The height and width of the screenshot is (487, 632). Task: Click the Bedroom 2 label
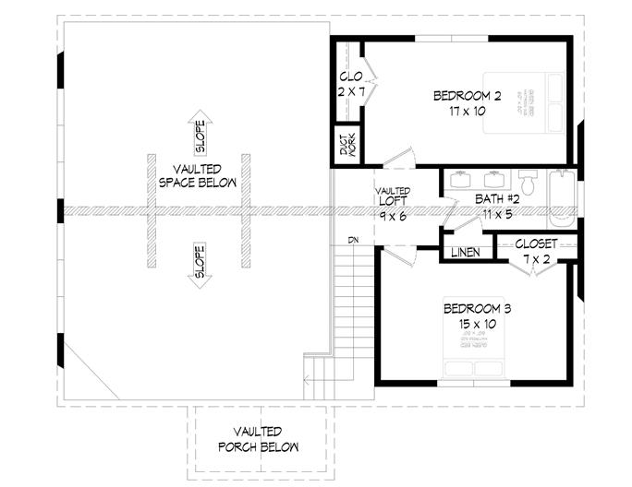click(x=468, y=102)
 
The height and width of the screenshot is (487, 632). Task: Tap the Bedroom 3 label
click(x=478, y=315)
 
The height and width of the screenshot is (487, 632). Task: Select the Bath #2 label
click(x=500, y=205)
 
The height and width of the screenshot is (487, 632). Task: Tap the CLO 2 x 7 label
click(x=350, y=84)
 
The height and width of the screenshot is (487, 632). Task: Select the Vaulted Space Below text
click(x=197, y=175)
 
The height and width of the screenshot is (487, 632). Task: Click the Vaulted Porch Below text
click(x=258, y=439)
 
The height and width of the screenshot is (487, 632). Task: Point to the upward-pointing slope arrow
click(x=200, y=130)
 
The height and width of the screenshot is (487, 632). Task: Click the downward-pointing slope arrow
click(x=200, y=268)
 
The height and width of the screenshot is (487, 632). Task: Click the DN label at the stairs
click(x=353, y=241)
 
